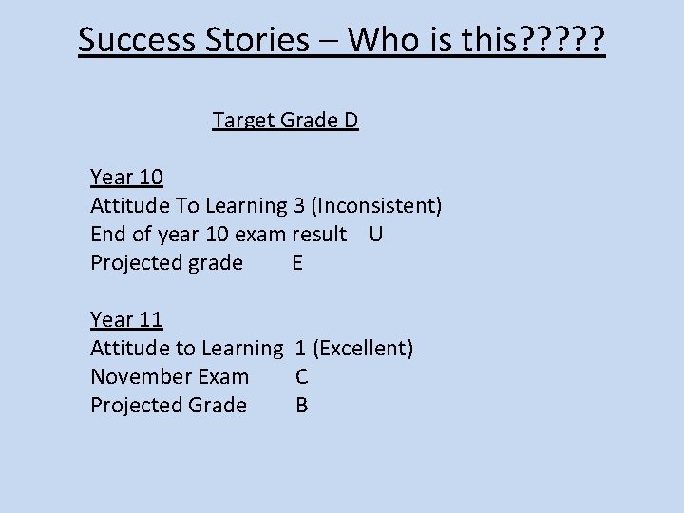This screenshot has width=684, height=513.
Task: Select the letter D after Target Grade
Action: coord(351,121)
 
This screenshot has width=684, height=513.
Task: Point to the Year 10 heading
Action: coord(126,177)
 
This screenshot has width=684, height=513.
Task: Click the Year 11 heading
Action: coord(126,319)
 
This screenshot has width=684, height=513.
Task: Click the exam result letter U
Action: coord(375,234)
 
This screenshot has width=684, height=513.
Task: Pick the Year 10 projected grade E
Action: coord(297,262)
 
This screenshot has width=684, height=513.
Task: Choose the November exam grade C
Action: coord(302,376)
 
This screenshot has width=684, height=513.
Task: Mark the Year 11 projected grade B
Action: coord(302,405)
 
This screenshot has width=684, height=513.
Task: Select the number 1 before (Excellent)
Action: coord(300,348)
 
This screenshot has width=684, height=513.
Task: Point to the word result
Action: coord(318,234)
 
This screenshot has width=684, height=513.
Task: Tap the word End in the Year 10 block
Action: coord(107,234)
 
